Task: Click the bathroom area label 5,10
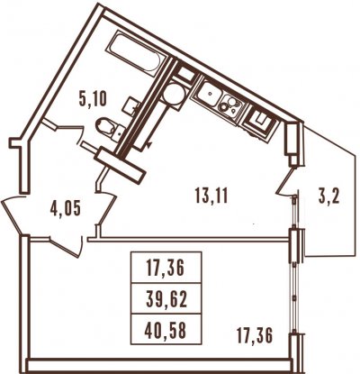[93, 99]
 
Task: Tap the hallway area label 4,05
[66, 209]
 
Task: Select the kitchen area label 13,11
[211, 196]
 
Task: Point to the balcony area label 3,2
[329, 196]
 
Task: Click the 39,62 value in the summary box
[166, 299]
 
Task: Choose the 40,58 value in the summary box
[166, 330]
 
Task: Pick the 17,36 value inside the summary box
[166, 269]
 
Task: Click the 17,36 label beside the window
[255, 335]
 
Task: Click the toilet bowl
[105, 126]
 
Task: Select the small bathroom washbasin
[132, 105]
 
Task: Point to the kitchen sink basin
[208, 93]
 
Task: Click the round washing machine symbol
[174, 94]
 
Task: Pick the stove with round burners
[230, 105]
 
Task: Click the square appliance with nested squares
[260, 122]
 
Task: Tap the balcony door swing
[286, 183]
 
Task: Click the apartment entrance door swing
[11, 214]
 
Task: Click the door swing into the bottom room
[67, 246]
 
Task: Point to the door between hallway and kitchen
[107, 207]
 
